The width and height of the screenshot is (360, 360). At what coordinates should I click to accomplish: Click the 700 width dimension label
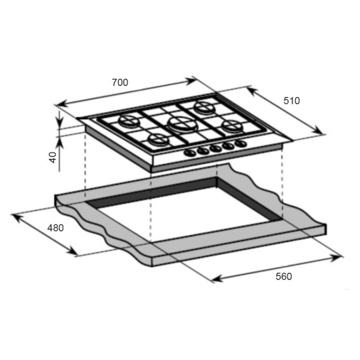pyautogui.click(x=120, y=82)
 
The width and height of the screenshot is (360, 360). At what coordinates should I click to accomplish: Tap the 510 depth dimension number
pyautogui.click(x=291, y=101)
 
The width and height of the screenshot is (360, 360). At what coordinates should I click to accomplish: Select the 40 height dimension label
pyautogui.click(x=53, y=157)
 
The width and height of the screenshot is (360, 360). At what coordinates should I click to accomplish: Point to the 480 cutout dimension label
pyautogui.click(x=55, y=228)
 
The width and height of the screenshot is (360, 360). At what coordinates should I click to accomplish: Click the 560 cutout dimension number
pyautogui.click(x=284, y=276)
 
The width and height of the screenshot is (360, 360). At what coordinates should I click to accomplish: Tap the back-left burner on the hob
pyautogui.click(x=129, y=121)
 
